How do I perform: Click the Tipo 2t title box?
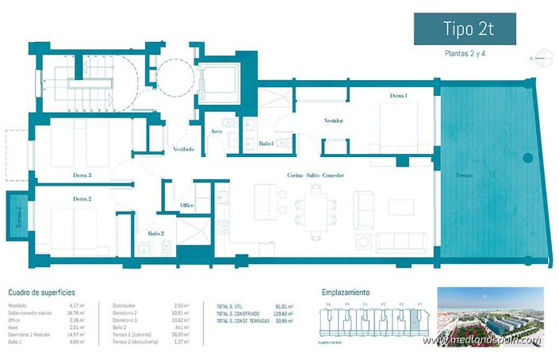click(466, 29)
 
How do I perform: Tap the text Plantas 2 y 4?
click(466, 55)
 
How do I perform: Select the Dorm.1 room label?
click(398, 96)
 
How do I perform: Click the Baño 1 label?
click(266, 144)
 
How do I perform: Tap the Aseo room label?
click(216, 132)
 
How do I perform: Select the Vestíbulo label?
click(183, 149)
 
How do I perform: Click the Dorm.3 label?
click(82, 175)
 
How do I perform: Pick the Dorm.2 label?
click(82, 198)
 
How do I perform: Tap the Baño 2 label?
click(155, 233)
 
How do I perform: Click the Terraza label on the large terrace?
click(465, 175)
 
